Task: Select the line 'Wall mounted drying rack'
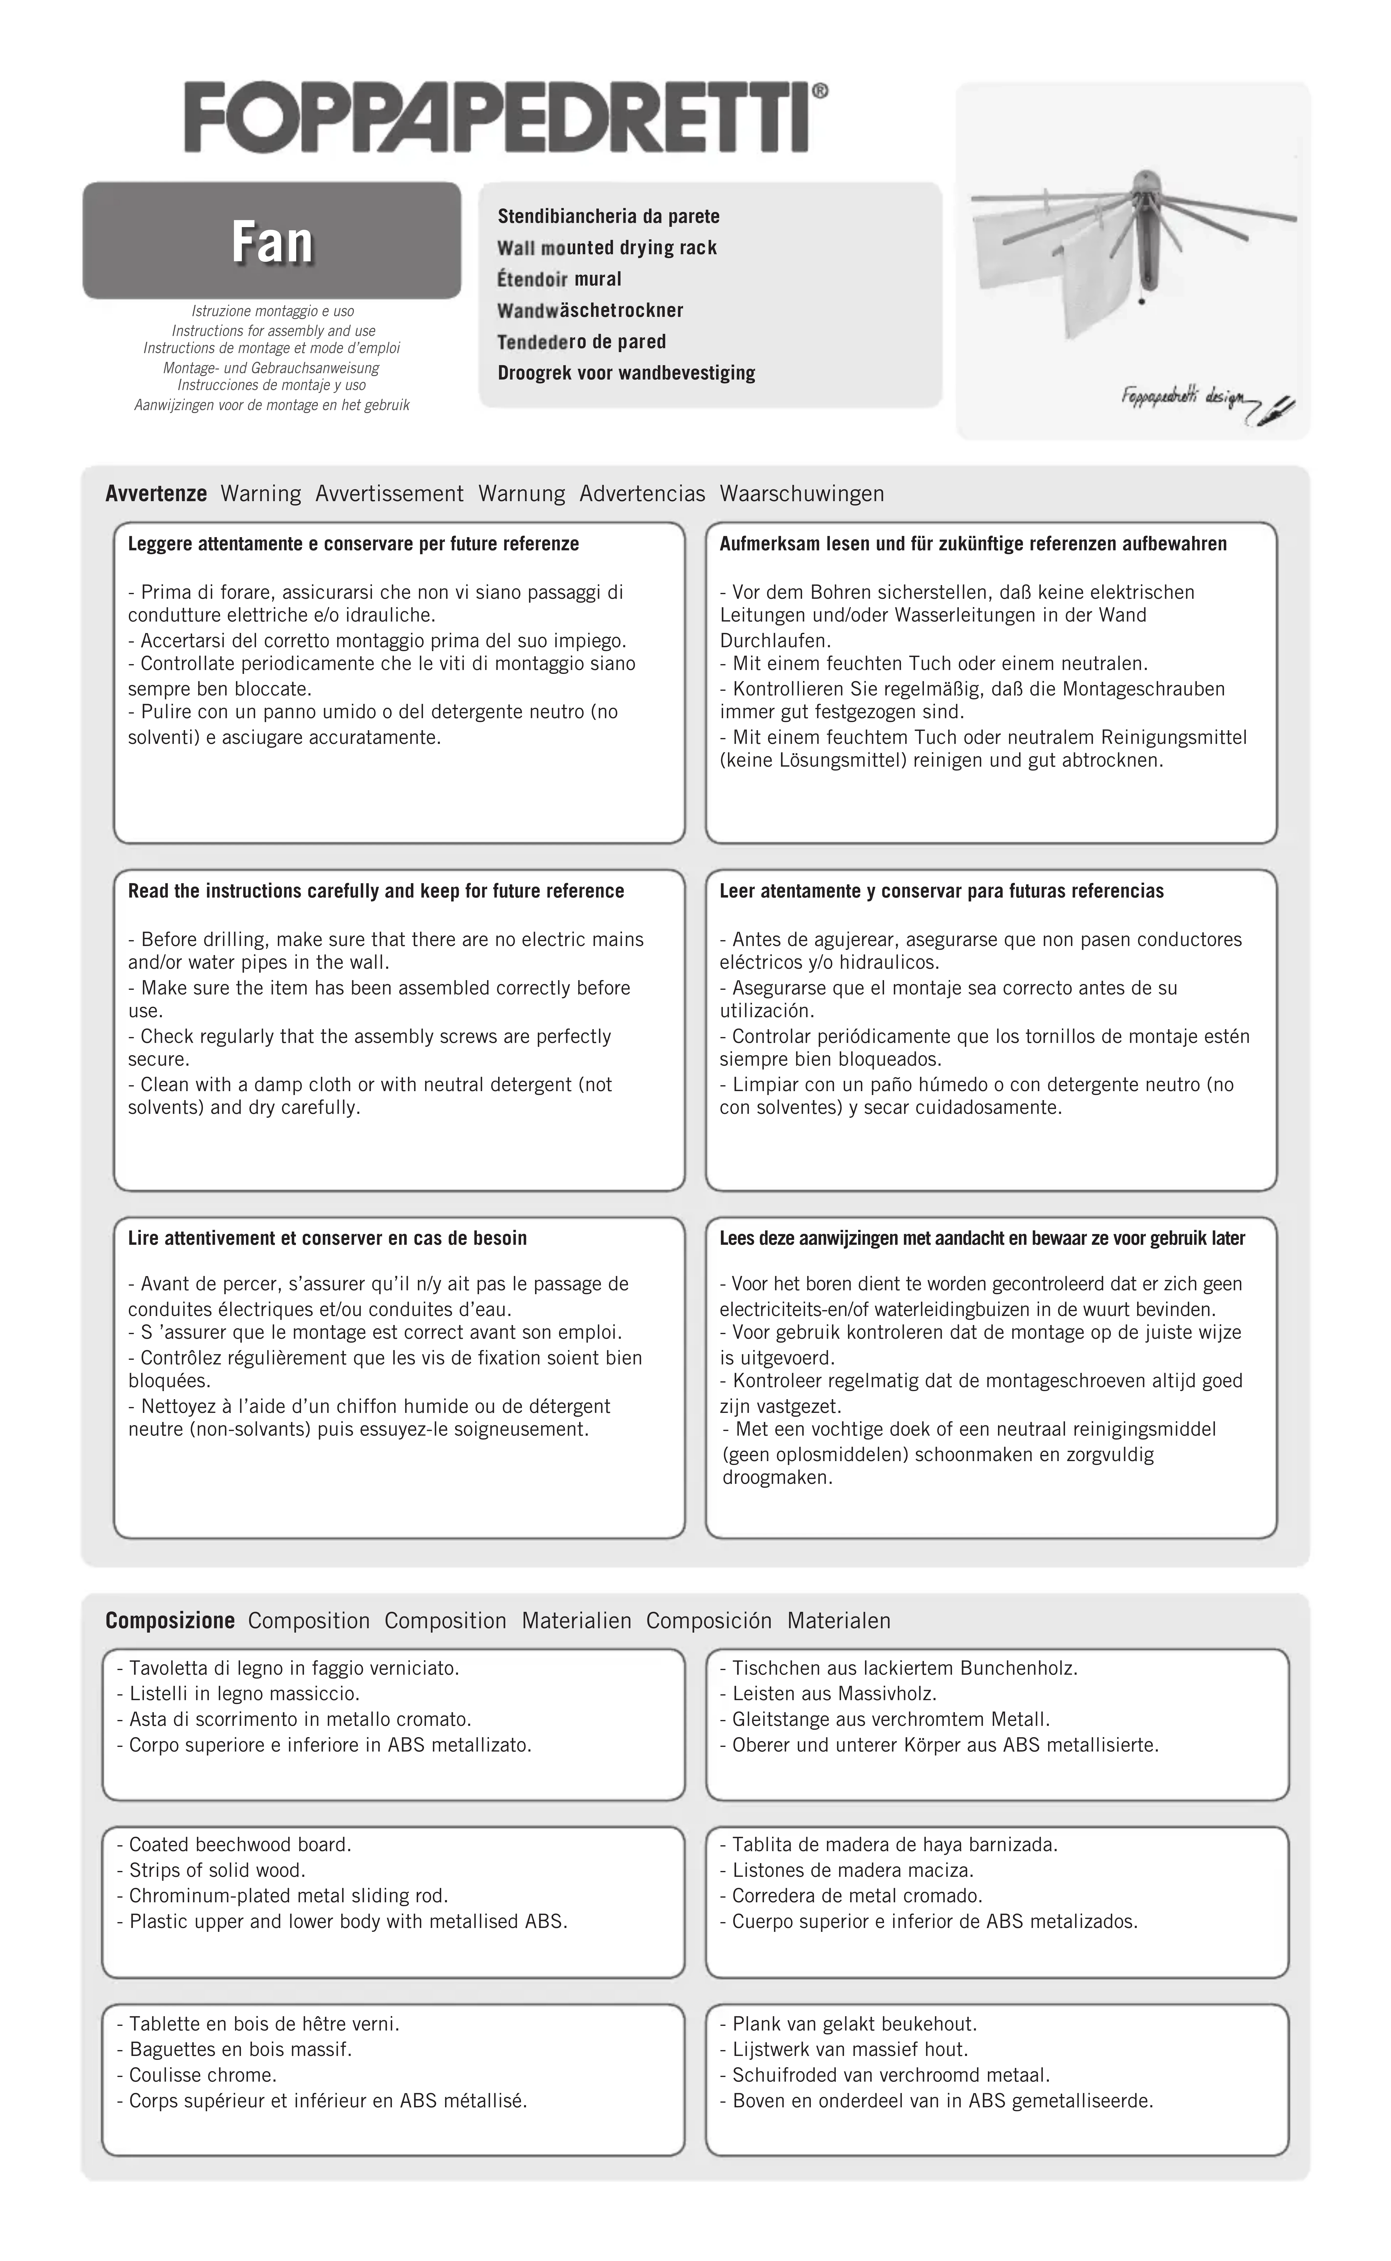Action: (606, 248)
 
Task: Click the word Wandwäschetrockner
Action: (590, 310)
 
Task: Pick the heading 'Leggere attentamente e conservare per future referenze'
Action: (353, 544)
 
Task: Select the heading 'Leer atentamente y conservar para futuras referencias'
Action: (941, 891)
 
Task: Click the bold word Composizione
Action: (170, 1621)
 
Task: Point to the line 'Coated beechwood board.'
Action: (235, 1844)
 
